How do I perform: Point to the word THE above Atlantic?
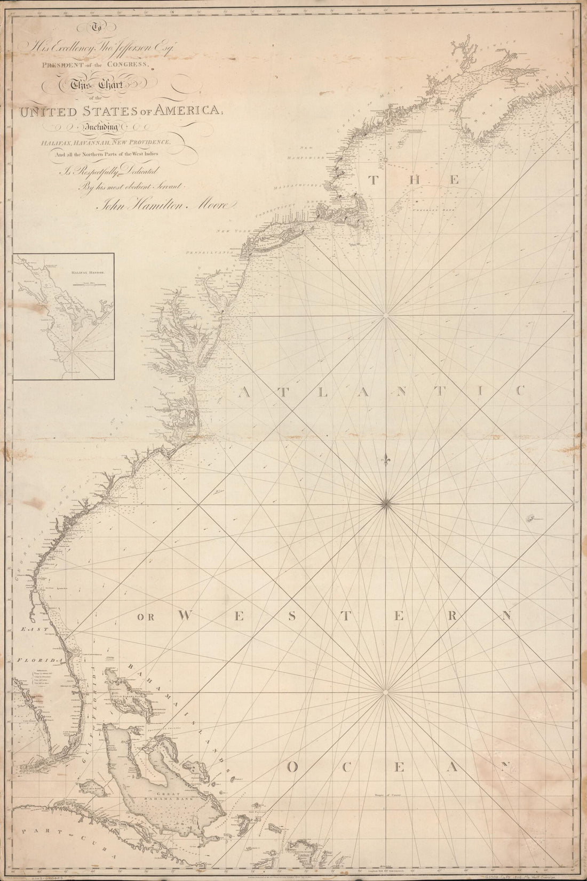pos(416,180)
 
